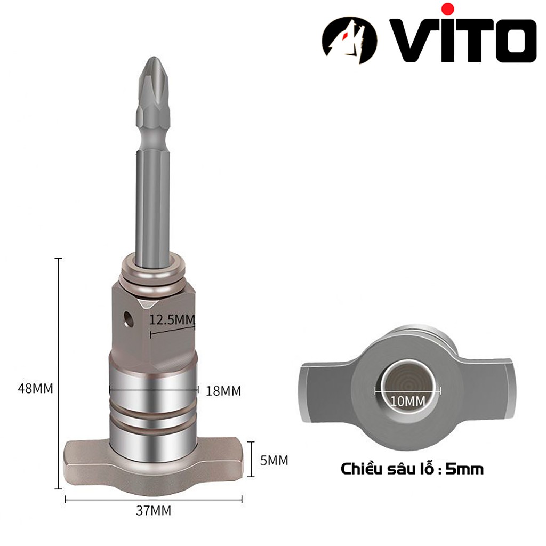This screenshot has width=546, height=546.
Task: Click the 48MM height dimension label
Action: tap(36, 388)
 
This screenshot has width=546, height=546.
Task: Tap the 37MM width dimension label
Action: tap(154, 510)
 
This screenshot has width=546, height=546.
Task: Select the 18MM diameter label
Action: tap(223, 391)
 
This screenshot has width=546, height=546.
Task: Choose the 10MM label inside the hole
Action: tap(407, 400)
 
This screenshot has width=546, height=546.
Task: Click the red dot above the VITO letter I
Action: tap(448, 9)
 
